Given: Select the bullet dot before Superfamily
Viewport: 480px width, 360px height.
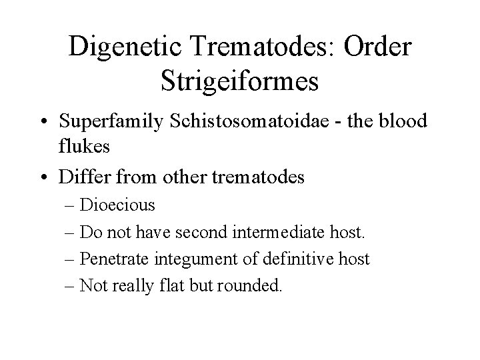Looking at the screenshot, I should (43, 123).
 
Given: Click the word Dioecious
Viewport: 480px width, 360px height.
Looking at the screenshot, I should (117, 205).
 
